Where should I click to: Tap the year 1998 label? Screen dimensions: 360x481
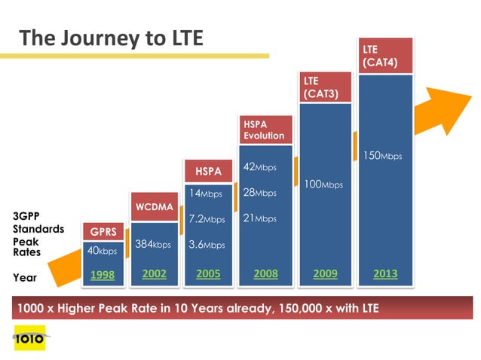point(102,276)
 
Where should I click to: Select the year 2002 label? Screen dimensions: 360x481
point(155,274)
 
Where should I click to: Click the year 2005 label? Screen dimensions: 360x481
point(208,274)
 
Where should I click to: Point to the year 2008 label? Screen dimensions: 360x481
point(265,274)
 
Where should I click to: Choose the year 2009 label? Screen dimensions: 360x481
point(326,274)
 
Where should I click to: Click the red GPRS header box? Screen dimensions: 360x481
point(103,231)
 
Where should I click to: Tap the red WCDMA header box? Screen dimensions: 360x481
point(155,206)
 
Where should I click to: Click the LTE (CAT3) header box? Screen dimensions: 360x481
point(326,87)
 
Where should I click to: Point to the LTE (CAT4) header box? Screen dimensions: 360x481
point(385,55)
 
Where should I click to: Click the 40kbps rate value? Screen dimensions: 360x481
point(102,251)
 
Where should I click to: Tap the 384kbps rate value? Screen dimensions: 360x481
point(153,244)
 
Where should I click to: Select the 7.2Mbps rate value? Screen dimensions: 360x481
point(207,219)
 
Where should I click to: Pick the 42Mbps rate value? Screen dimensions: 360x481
point(260,167)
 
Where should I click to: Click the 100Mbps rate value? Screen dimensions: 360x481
point(323,185)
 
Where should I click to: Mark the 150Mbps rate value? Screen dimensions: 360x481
point(383,156)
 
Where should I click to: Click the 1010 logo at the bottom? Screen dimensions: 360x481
point(29,338)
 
